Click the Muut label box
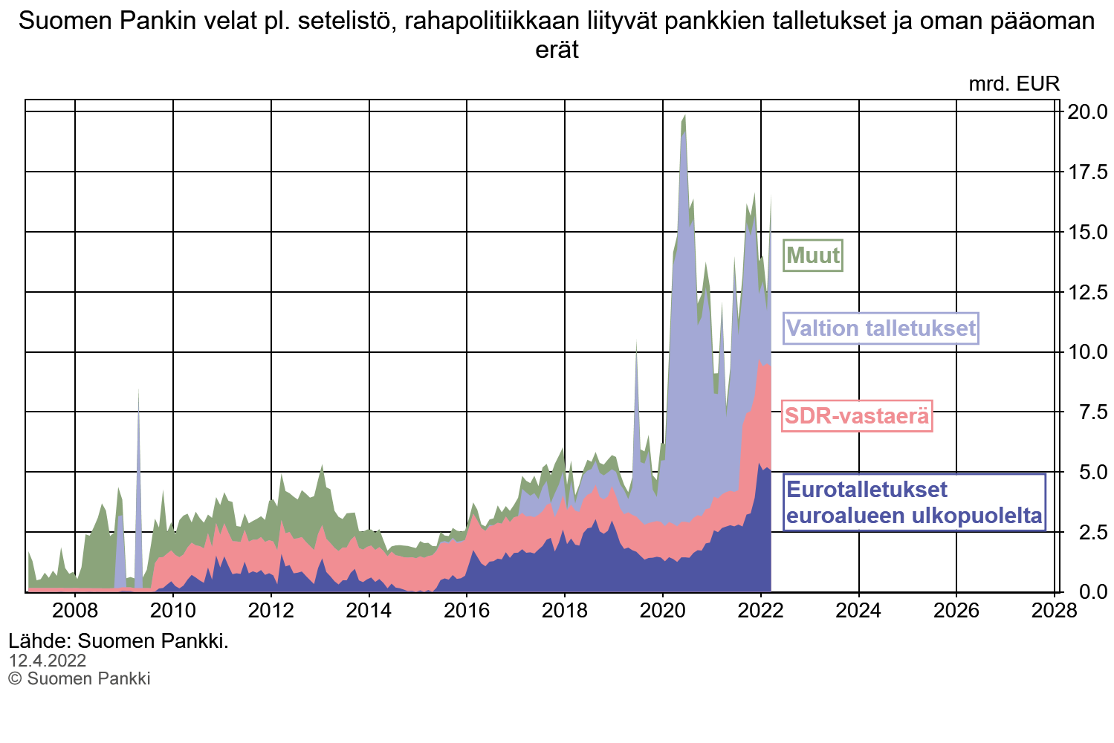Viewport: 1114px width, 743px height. [x=813, y=256]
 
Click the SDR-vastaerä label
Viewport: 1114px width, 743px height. [x=857, y=416]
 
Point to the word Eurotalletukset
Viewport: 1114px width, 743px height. [x=867, y=490]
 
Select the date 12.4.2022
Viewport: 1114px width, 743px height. [x=48, y=661]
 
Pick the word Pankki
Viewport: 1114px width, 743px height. [x=126, y=678]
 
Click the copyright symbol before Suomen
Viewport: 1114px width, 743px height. [x=15, y=678]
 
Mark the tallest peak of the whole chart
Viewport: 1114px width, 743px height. [x=684, y=117]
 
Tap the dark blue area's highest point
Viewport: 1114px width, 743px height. [x=759, y=464]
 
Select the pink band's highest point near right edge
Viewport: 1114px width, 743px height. [x=759, y=363]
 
